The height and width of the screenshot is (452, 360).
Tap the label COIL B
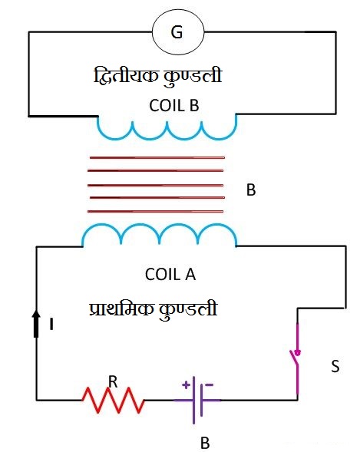(174, 105)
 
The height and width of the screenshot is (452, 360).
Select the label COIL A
(170, 274)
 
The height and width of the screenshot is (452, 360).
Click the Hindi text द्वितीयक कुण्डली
(157, 76)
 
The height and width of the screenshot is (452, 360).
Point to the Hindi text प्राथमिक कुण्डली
(153, 310)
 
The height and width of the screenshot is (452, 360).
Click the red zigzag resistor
(113, 400)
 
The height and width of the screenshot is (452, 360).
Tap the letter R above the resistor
(113, 382)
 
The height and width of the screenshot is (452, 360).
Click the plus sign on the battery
(187, 384)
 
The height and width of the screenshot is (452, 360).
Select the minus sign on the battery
(210, 384)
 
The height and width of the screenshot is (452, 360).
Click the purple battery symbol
(197, 400)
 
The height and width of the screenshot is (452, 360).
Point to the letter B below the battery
(205, 443)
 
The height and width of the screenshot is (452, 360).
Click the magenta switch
(296, 359)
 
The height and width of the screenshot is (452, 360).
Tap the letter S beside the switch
(335, 366)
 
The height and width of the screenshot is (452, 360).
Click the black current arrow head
(36, 314)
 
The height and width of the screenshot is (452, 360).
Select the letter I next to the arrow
(51, 324)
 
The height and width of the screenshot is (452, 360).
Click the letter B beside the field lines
(251, 190)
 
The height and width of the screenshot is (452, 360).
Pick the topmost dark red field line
(157, 157)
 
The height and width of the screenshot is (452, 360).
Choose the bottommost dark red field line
(155, 211)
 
